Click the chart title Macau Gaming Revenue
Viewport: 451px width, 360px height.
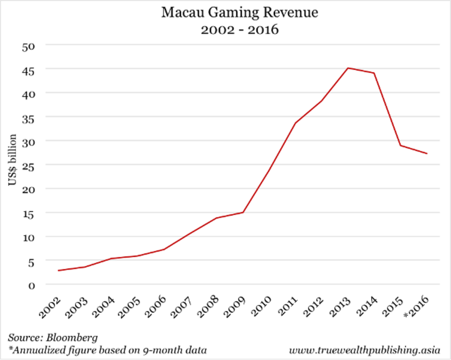pos(240,13)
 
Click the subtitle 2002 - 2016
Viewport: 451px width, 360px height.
pos(240,29)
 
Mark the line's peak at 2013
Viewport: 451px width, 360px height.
pos(348,68)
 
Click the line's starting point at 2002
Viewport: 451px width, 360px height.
pos(58,271)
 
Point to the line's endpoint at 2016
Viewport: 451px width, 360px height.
pos(427,153)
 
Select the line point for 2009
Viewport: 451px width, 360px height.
pos(243,212)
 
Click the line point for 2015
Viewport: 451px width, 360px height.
pos(401,145)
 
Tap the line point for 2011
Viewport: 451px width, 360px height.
pos(296,123)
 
